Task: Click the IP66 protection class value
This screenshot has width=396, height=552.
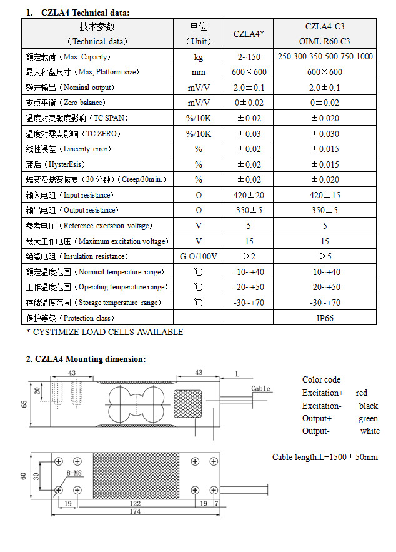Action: pos(325,318)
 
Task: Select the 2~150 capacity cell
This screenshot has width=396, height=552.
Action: pos(249,56)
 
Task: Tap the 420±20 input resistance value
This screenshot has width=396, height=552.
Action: pos(249,195)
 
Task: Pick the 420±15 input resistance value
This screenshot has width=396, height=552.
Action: pos(325,195)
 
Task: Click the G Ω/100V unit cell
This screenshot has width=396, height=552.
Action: pos(198,256)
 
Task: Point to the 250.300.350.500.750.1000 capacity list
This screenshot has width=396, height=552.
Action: pos(325,56)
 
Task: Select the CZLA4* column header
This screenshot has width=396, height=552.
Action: pos(249,34)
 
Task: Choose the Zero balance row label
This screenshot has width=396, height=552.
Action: pos(66,103)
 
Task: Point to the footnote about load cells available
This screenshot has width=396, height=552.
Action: pos(104,332)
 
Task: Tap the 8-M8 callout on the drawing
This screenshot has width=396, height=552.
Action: pos(73,474)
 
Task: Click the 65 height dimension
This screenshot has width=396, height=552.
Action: pos(24,404)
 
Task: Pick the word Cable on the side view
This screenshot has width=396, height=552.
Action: pos(260,388)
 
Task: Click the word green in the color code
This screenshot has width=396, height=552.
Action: pos(368,418)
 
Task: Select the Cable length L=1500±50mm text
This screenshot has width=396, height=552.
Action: pos(325,457)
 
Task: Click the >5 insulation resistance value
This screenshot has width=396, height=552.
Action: pos(325,256)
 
